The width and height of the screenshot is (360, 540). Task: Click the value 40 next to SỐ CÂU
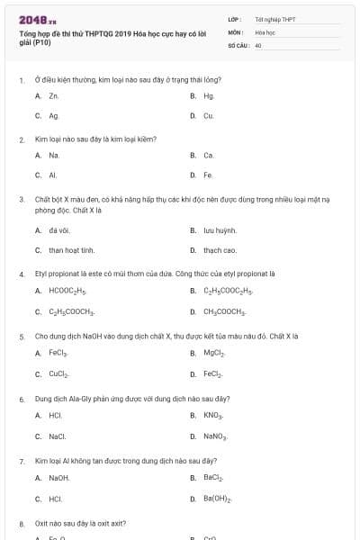coord(258,44)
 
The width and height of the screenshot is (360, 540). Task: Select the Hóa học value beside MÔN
coord(265,31)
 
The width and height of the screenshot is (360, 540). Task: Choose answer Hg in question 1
coord(209,95)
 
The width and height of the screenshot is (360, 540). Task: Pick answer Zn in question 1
coord(54,95)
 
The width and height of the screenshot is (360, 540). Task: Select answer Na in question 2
coord(54,155)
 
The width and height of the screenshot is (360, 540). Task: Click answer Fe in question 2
coord(208,175)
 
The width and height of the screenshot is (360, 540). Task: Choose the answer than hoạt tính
coord(71,250)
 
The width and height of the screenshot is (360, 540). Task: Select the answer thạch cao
coord(220,250)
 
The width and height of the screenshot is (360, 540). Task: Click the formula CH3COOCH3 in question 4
coord(225,311)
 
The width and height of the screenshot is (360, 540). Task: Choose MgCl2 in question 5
coord(214,353)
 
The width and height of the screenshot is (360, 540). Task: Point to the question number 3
coord(22,198)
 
